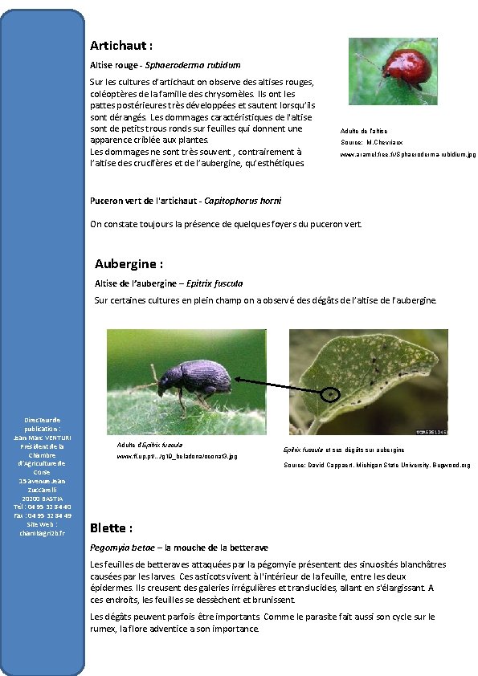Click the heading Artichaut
point(121,46)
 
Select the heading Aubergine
point(129,263)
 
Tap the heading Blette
point(111,527)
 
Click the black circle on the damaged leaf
point(330,393)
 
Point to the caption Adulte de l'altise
point(364,130)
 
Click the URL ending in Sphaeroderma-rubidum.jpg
point(408,154)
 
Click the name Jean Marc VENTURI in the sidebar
point(43,437)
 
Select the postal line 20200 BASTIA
point(43,498)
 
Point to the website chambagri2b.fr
point(43,532)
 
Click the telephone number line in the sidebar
point(43,507)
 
